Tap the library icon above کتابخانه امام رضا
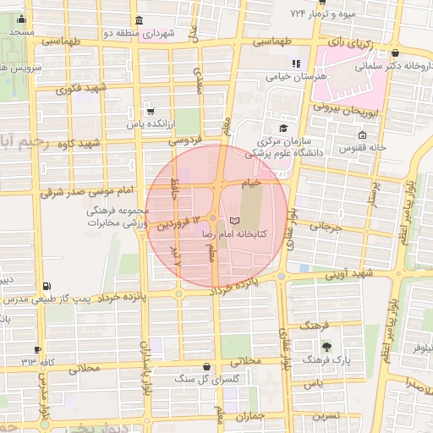[234, 221]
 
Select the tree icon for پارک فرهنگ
[326, 346]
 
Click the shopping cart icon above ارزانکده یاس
[150, 111]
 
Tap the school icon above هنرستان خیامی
[296, 63]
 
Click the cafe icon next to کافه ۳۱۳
[37, 350]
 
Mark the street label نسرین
[326, 416]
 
